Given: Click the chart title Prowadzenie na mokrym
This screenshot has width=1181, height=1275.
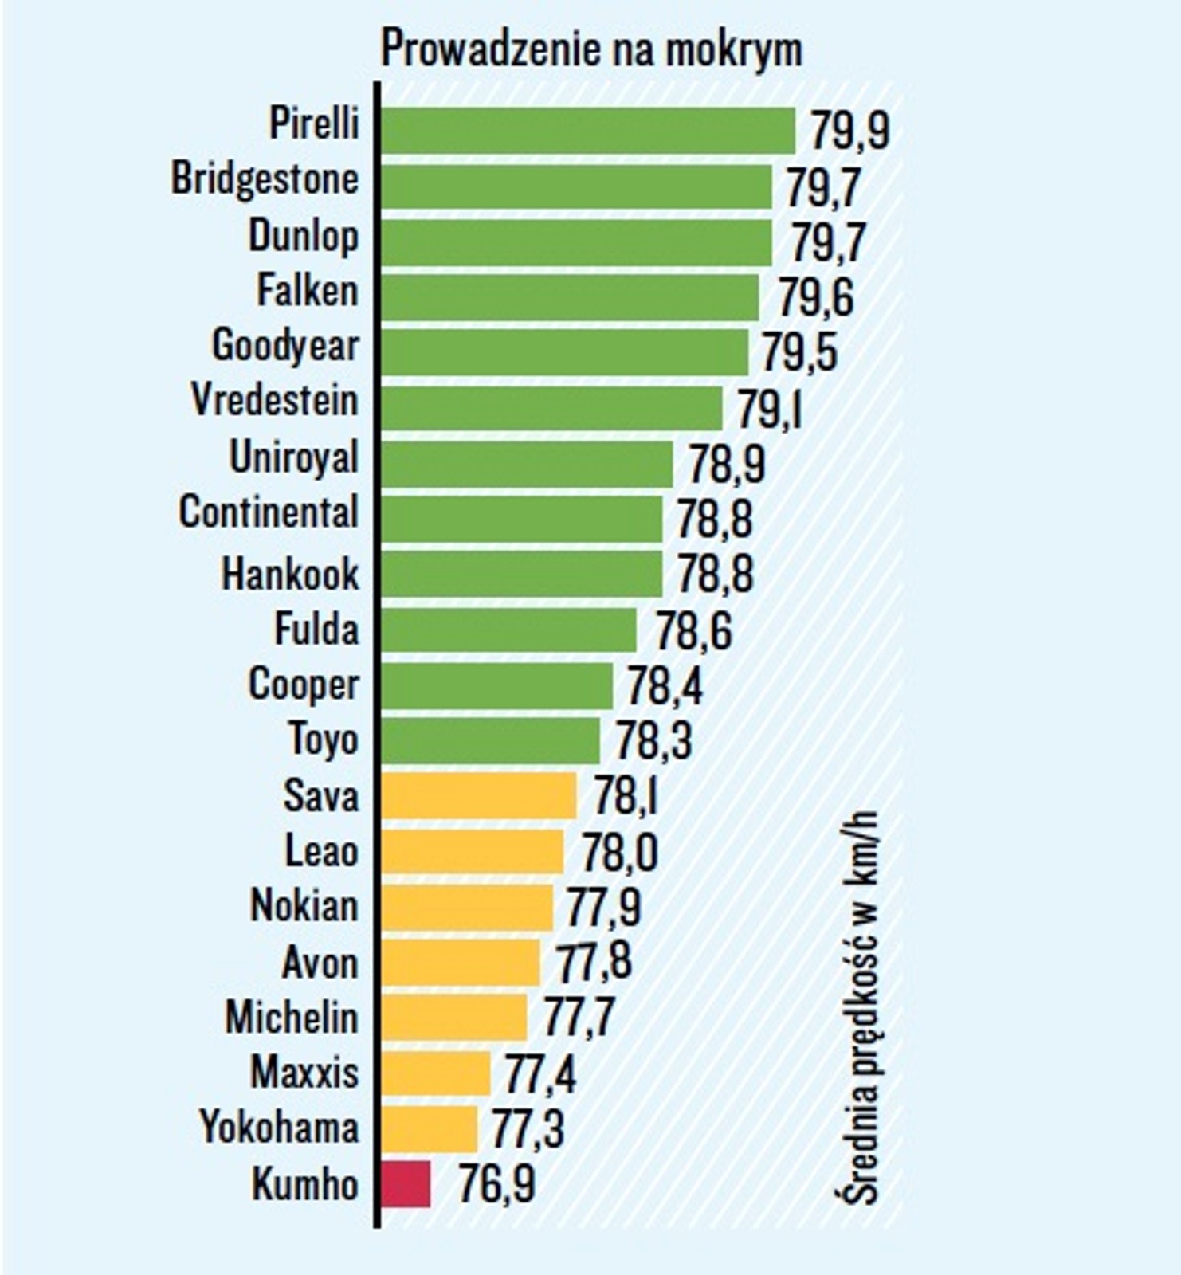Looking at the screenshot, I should pyautogui.click(x=590, y=49).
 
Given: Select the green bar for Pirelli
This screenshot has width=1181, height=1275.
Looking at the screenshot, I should pyautogui.click(x=588, y=131).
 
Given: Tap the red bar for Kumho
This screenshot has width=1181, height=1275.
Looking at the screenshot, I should pyautogui.click(x=406, y=1183).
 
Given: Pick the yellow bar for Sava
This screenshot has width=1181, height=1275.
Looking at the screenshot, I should pyautogui.click(x=479, y=795).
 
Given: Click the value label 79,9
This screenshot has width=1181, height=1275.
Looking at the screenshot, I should pyautogui.click(x=849, y=131).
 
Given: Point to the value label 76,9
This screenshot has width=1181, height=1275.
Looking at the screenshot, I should pyautogui.click(x=496, y=1185).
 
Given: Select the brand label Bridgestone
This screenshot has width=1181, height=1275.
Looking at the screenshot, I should pyautogui.click(x=265, y=179).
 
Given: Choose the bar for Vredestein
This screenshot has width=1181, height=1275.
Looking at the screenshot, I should pyautogui.click(x=551, y=408).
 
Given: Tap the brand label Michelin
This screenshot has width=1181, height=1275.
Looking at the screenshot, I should pyautogui.click(x=292, y=1018).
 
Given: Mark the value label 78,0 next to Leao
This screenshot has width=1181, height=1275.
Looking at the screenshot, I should pyautogui.click(x=619, y=853).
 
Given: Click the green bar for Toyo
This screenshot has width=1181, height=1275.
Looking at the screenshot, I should pyautogui.click(x=490, y=740).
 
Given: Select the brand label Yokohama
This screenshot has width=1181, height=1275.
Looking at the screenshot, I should pyautogui.click(x=279, y=1128).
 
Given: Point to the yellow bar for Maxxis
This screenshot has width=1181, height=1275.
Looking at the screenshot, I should pyautogui.click(x=436, y=1073).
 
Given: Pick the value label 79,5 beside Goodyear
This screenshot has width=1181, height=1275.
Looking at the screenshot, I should pyautogui.click(x=799, y=352).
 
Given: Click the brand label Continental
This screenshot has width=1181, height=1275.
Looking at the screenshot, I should pyautogui.click(x=269, y=512).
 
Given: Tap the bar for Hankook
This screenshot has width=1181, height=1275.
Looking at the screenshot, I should pyautogui.click(x=522, y=574).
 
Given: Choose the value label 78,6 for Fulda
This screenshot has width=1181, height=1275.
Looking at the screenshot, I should pyautogui.click(x=693, y=631).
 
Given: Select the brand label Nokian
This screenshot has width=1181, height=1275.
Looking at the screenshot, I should pyautogui.click(x=304, y=907).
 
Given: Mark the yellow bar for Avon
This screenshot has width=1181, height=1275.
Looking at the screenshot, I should pyautogui.click(x=461, y=962).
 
